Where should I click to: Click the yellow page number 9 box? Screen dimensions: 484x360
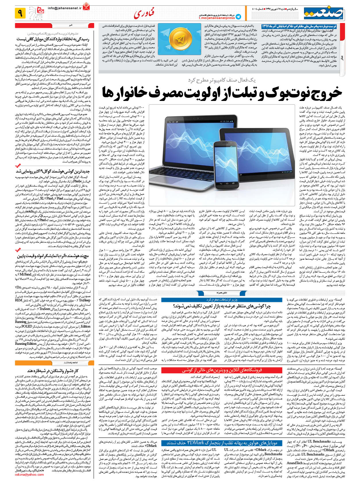[x=20, y=13]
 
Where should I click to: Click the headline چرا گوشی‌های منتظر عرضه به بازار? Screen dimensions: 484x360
[x=222, y=307]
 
